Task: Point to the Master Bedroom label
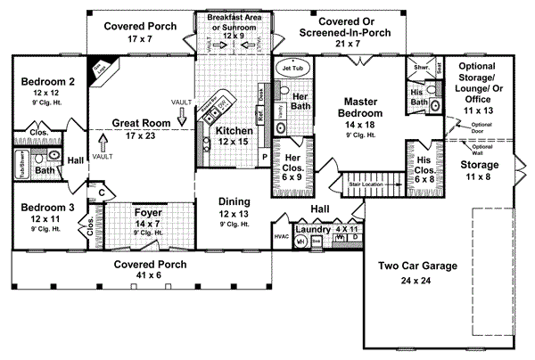point(361,108)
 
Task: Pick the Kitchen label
point(235,131)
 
